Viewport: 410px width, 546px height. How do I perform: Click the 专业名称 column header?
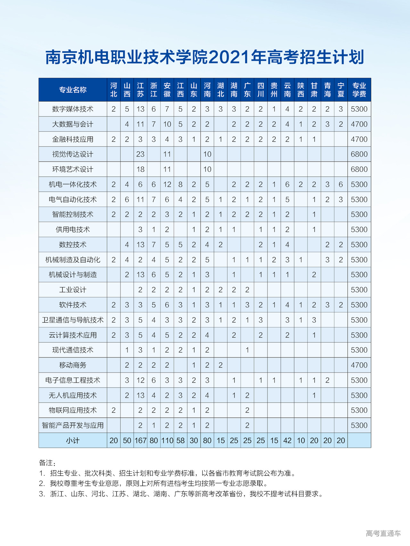(x=73, y=90)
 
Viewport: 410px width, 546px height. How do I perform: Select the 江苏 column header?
(x=140, y=90)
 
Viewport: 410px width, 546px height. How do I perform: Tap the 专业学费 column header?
(x=359, y=90)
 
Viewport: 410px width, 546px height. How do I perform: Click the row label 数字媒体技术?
(x=73, y=109)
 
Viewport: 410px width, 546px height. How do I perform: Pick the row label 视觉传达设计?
(x=73, y=154)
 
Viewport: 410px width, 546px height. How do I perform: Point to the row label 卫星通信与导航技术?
(x=73, y=320)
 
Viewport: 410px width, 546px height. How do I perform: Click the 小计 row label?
(x=73, y=441)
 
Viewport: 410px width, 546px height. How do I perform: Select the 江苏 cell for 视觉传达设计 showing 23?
(x=140, y=154)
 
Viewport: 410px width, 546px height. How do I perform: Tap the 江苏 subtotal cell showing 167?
(x=140, y=441)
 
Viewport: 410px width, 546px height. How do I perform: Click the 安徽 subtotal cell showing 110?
(x=167, y=441)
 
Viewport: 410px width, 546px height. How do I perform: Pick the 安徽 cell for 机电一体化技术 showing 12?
(x=167, y=184)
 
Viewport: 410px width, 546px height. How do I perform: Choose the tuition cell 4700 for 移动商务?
(x=359, y=365)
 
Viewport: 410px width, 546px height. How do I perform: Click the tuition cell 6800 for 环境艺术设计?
(x=359, y=169)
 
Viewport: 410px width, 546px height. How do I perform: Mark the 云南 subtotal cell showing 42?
(x=287, y=441)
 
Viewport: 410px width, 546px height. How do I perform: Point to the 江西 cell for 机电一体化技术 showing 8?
(x=180, y=184)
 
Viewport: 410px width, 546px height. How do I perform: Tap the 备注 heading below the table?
(x=47, y=463)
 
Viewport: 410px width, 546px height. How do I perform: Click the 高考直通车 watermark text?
(x=383, y=533)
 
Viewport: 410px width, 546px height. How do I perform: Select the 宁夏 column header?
(x=341, y=90)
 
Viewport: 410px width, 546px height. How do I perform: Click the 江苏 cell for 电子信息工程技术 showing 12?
(x=140, y=380)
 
